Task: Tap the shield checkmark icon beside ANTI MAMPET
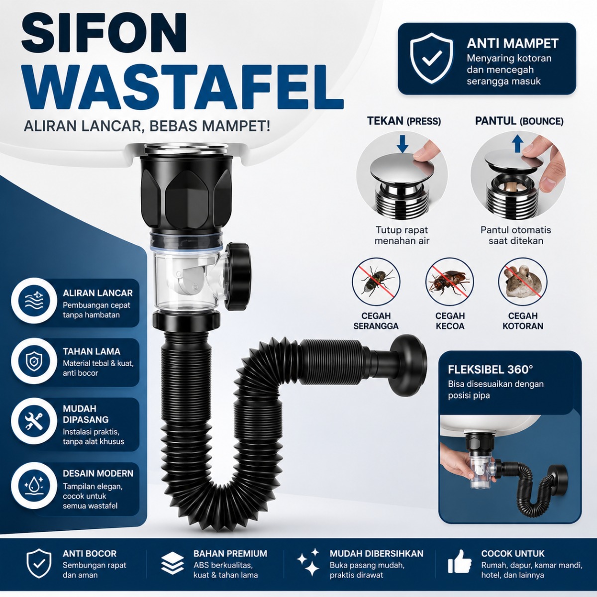[x=431, y=58]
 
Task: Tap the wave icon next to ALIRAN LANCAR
[x=34, y=300]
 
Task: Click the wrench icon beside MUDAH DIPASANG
[x=34, y=421]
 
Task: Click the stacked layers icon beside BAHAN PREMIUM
[x=173, y=562]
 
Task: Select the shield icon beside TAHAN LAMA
[x=34, y=361]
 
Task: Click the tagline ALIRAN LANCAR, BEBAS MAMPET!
[x=147, y=126]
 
